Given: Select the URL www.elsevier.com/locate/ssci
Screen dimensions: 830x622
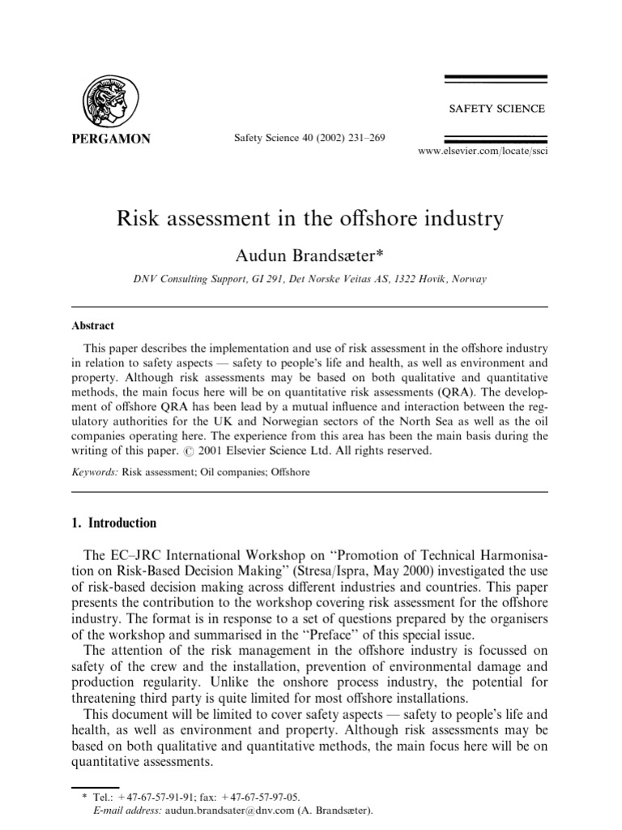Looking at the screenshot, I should (483, 152).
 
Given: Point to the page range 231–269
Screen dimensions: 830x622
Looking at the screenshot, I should (364, 138).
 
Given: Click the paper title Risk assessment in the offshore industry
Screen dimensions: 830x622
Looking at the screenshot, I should (311, 219).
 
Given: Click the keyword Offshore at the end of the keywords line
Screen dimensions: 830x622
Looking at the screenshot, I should (290, 471).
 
